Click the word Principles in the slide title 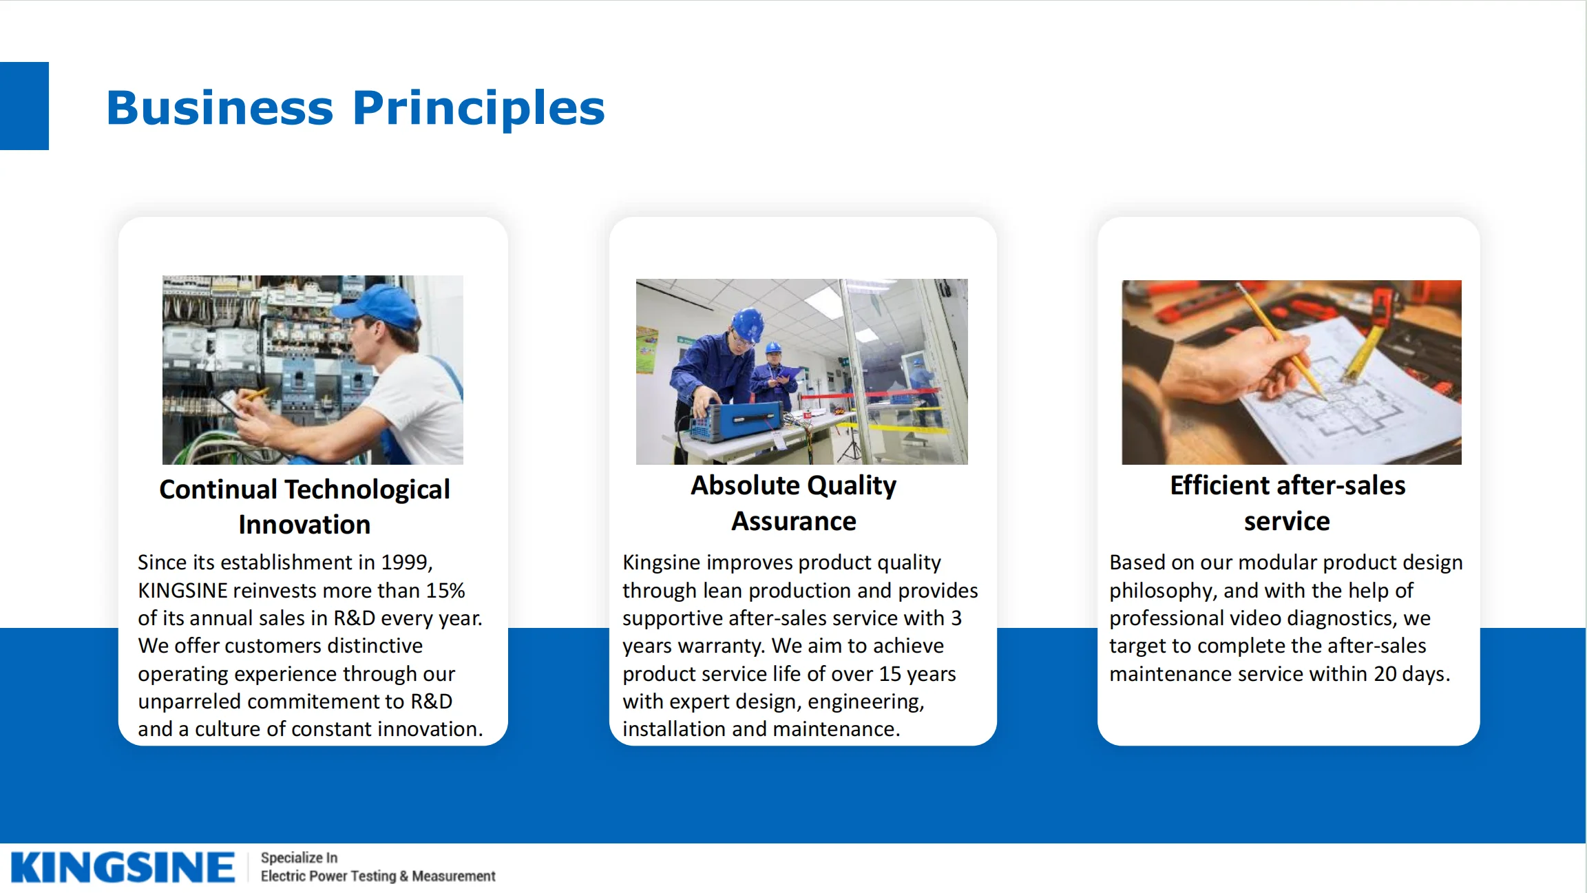[x=479, y=109]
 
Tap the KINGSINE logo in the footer [x=123, y=868]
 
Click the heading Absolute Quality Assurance [x=794, y=503]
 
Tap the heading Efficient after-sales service [x=1288, y=503]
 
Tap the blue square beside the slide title [x=24, y=106]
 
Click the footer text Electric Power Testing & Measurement [x=378, y=876]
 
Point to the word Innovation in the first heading [x=304, y=525]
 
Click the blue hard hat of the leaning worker [x=748, y=324]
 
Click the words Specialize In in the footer [x=299, y=858]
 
